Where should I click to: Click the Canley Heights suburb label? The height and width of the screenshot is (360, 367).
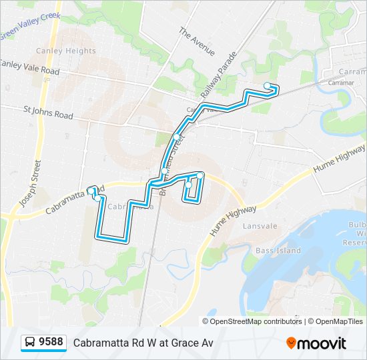(x=66, y=51)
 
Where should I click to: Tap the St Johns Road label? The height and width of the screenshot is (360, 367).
(x=48, y=115)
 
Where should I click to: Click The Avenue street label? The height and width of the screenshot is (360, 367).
(x=197, y=41)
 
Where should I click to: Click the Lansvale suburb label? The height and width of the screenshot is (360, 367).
(x=260, y=226)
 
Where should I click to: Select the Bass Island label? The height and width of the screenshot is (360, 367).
(x=278, y=251)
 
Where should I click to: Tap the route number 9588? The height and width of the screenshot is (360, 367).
(x=51, y=343)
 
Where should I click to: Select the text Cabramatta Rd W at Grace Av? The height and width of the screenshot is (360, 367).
(x=143, y=343)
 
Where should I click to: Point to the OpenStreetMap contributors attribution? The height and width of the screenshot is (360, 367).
(x=256, y=321)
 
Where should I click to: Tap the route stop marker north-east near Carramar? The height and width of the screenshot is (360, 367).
(x=268, y=85)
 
